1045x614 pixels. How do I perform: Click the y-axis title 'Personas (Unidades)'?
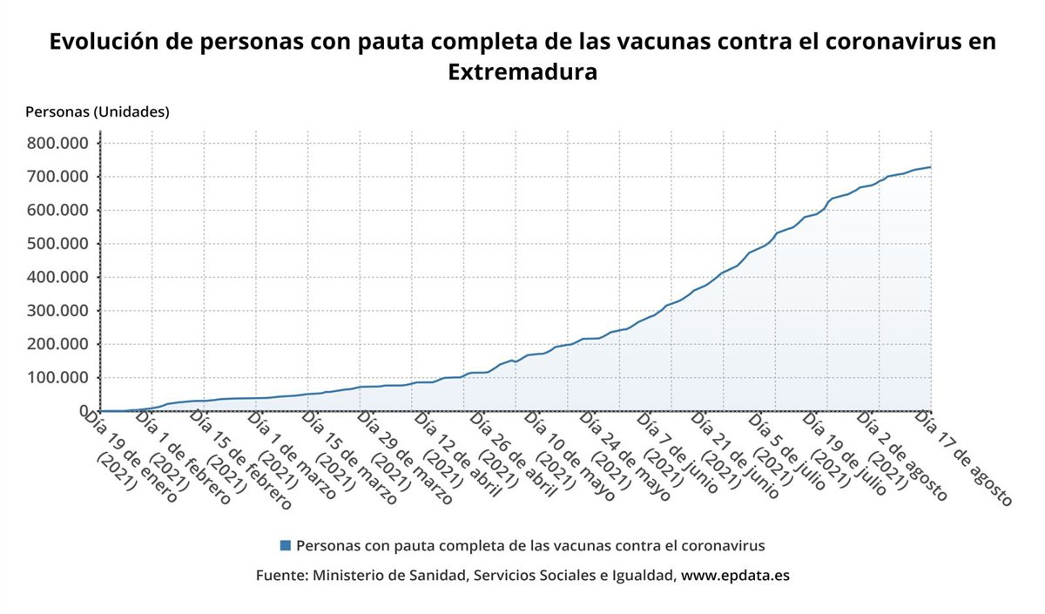[98, 111]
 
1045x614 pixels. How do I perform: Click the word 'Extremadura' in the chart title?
[522, 71]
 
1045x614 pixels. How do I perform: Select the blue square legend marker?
[285, 545]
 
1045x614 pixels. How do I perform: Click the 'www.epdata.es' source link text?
[735, 576]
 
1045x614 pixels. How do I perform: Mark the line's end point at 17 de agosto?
[930, 167]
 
